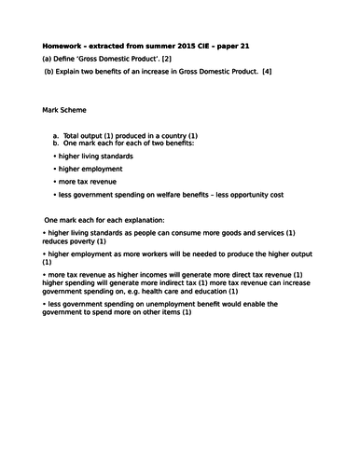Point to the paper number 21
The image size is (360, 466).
[256, 46]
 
